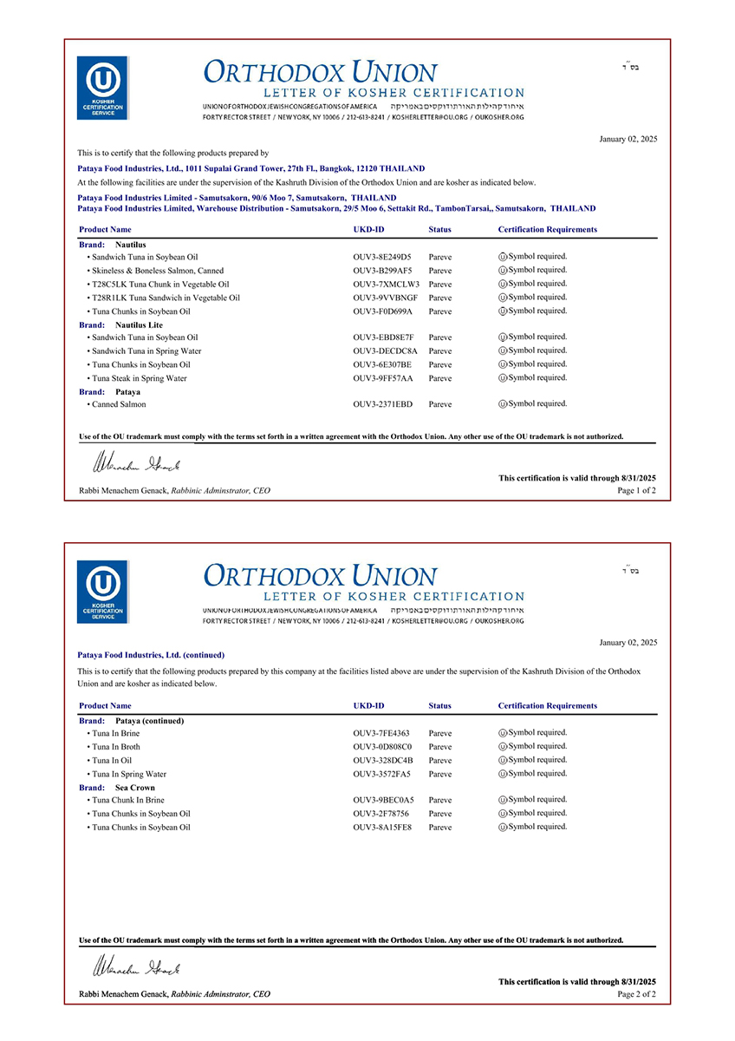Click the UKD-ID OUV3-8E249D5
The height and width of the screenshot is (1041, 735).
click(382, 258)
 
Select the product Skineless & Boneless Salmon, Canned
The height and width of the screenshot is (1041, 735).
click(157, 271)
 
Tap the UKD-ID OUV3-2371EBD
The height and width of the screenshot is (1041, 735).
click(382, 404)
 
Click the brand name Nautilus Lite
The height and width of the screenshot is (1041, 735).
click(139, 324)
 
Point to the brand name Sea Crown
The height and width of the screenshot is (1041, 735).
click(135, 788)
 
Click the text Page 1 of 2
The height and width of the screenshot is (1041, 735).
click(636, 491)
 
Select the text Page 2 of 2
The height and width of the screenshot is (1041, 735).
click(636, 994)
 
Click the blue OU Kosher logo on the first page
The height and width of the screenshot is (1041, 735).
click(102, 88)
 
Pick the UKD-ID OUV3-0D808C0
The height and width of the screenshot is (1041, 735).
click(382, 747)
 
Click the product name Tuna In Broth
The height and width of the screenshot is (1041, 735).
click(115, 747)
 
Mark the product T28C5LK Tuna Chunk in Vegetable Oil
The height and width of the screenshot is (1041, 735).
click(159, 285)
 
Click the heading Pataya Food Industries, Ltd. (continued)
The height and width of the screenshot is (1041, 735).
click(151, 655)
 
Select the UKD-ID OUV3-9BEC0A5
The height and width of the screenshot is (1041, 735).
click(383, 800)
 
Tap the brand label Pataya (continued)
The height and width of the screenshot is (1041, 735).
click(149, 721)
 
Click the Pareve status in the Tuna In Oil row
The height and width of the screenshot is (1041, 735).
click(440, 761)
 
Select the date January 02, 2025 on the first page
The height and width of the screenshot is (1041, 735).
click(628, 139)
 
